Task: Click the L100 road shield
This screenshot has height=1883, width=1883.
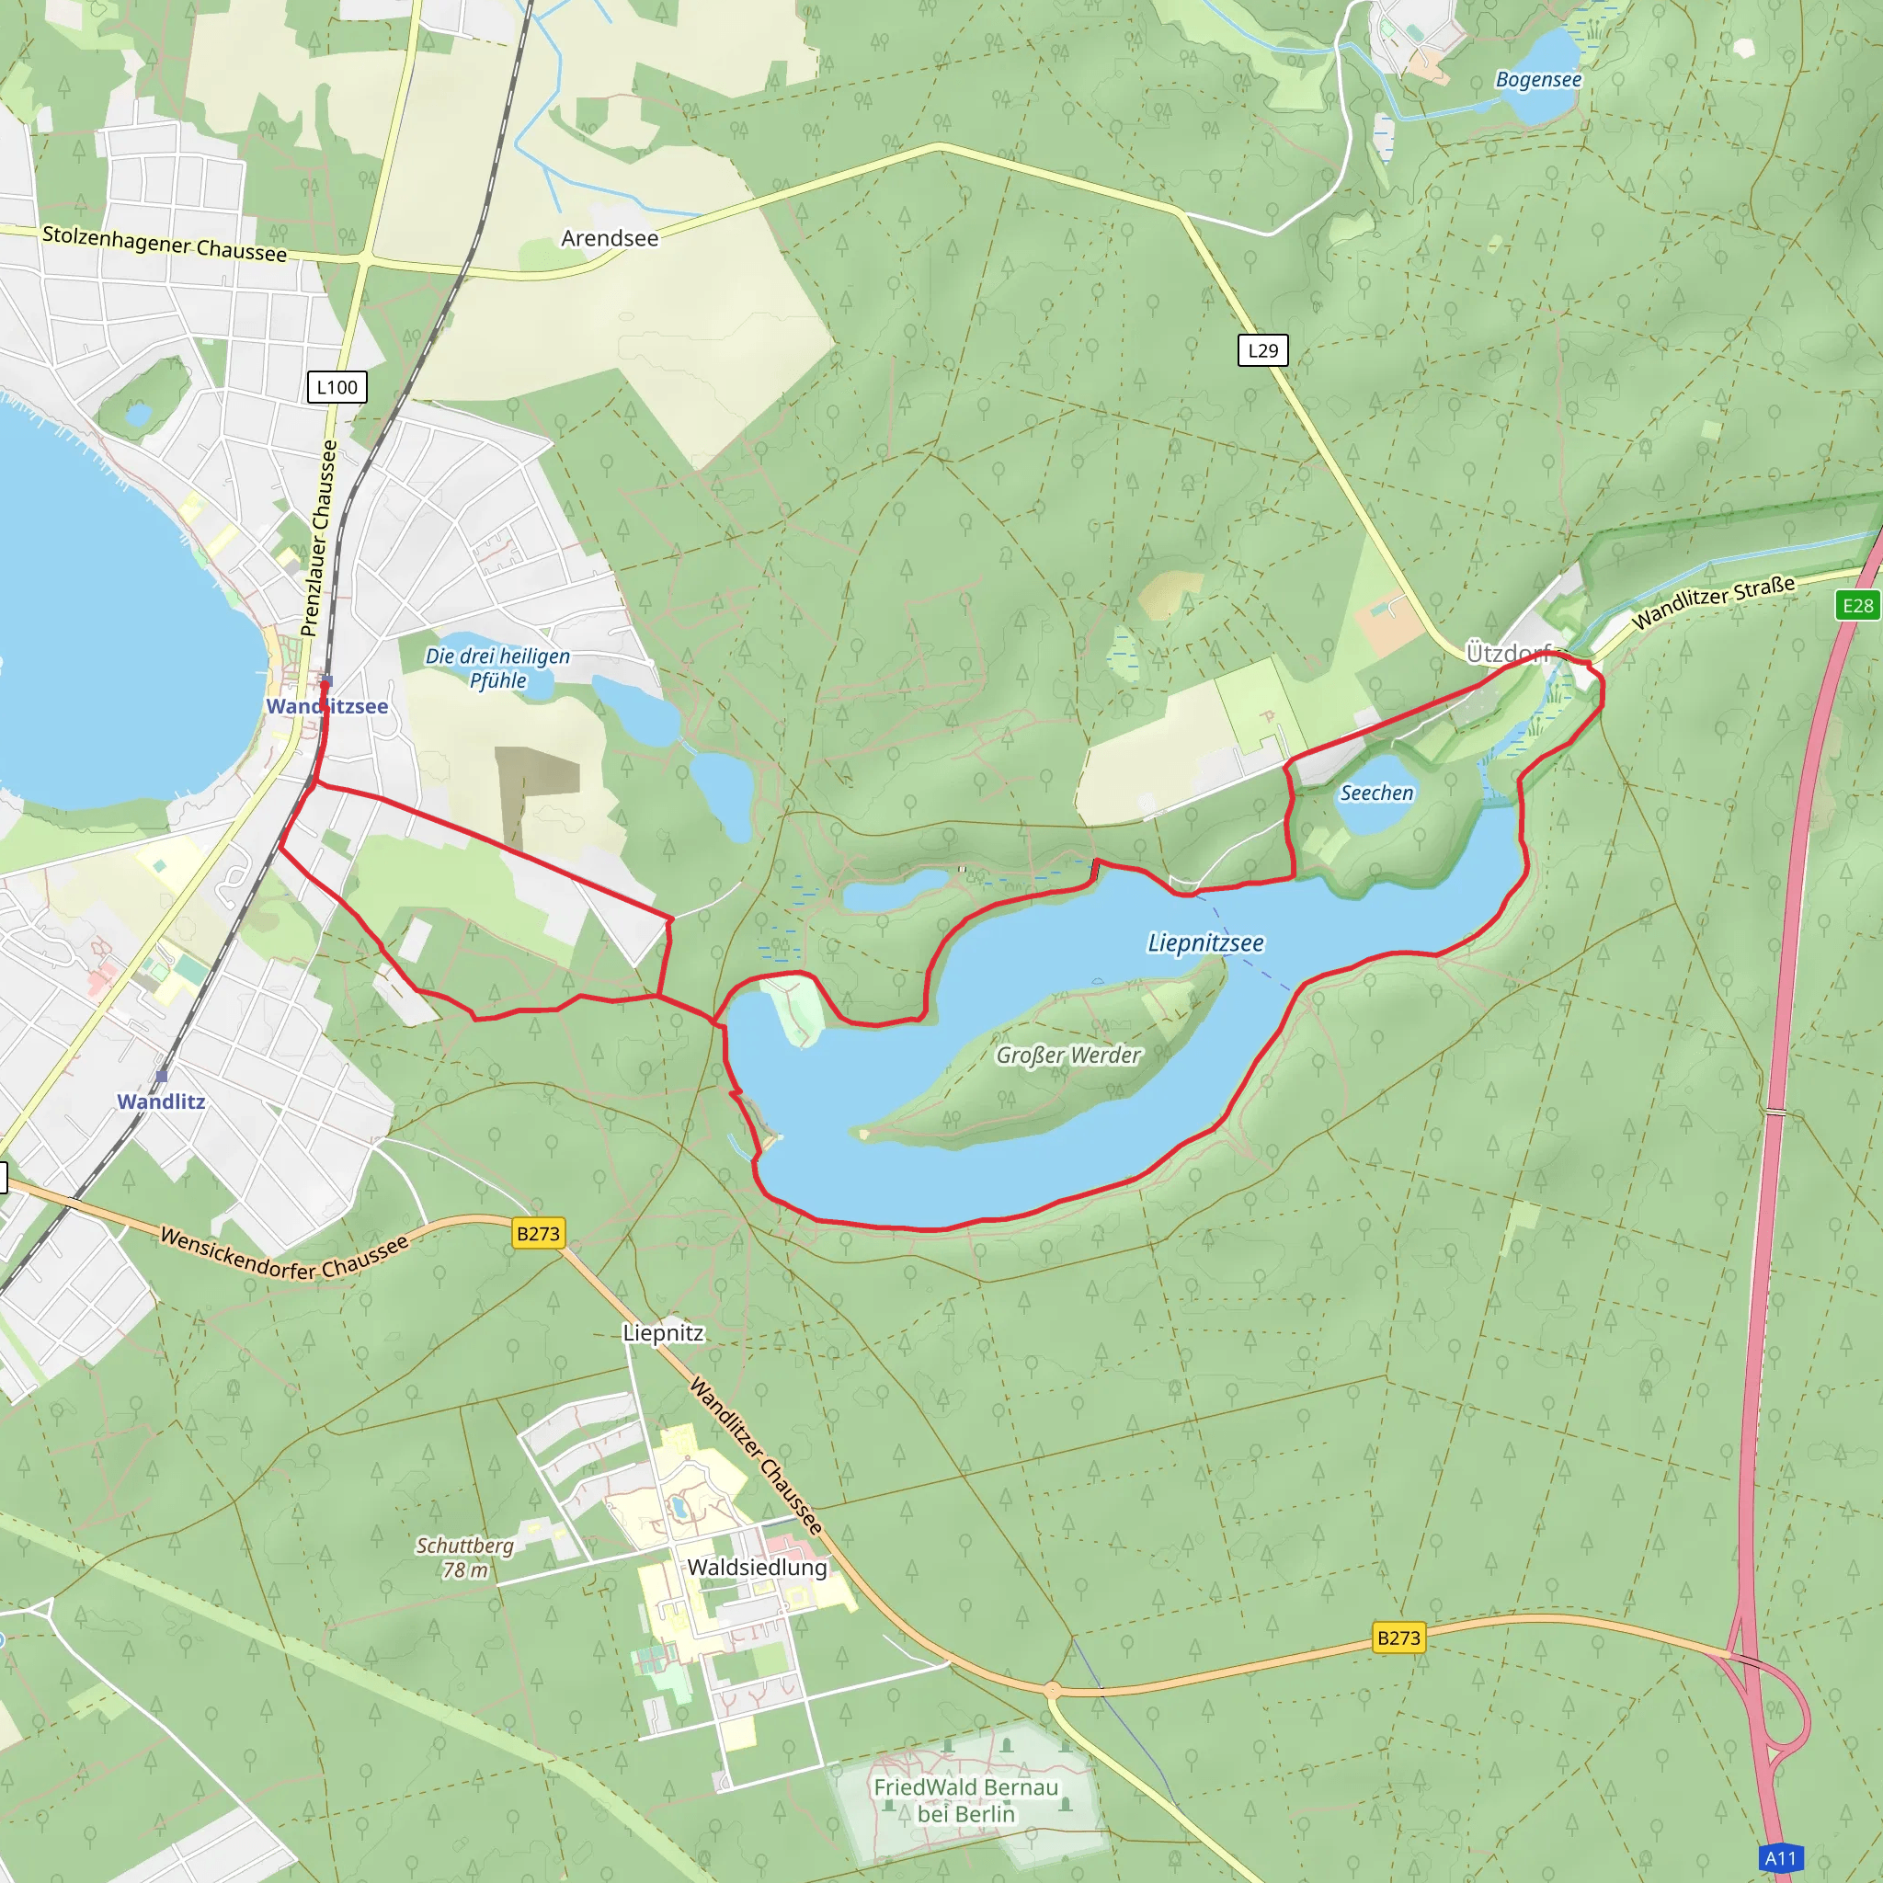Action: point(337,387)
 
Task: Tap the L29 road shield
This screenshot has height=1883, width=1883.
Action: point(1262,351)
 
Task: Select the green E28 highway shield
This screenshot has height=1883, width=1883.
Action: point(1856,605)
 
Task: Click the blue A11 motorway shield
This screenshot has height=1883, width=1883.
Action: point(1781,1857)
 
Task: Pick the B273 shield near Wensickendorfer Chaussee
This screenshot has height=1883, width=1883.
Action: point(538,1234)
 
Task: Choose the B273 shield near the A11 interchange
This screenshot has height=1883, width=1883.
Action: point(1398,1638)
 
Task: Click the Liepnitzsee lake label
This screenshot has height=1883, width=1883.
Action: point(1204,942)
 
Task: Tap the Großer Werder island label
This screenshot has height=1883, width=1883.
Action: point(1067,1055)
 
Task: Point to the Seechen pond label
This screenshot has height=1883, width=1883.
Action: point(1376,793)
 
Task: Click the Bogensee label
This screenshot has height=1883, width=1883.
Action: point(1538,80)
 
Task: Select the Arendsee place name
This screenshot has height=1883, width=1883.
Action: point(610,238)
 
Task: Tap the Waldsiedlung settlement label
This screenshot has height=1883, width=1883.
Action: point(758,1568)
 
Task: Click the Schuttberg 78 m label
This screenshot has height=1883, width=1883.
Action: point(465,1558)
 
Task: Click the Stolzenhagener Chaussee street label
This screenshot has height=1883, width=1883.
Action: point(165,244)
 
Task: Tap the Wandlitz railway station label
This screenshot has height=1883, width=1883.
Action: point(161,1101)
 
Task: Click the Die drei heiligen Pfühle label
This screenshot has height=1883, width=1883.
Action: point(497,668)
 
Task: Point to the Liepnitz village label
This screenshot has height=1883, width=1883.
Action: point(663,1332)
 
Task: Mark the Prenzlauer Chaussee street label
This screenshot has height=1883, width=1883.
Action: point(320,538)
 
